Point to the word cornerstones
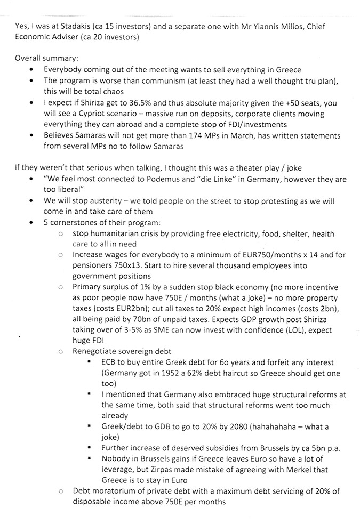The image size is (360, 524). pos(78,222)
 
